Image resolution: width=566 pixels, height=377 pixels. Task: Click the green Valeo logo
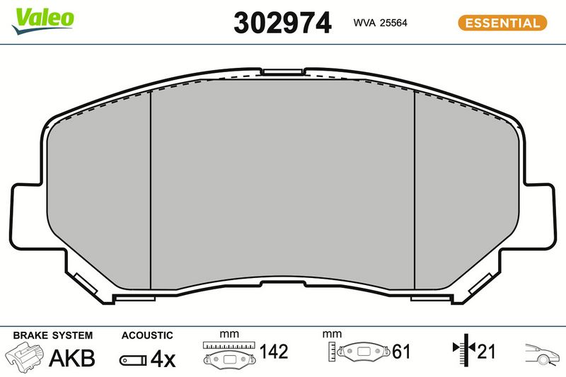coord(42,21)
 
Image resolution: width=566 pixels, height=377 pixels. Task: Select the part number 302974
coord(282,23)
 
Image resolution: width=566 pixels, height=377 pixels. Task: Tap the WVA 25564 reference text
coord(380,23)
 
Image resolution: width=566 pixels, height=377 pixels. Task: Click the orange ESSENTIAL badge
coord(502,23)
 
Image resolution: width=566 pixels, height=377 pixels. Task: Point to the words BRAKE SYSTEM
coord(52,335)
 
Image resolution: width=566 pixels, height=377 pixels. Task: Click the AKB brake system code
coord(72,358)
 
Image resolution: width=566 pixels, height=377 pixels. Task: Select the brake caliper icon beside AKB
coord(25,357)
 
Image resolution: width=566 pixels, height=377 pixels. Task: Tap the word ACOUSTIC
coord(147,335)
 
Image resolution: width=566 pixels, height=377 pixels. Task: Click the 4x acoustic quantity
coord(163,359)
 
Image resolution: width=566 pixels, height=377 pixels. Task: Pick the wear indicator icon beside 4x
coord(133,360)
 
